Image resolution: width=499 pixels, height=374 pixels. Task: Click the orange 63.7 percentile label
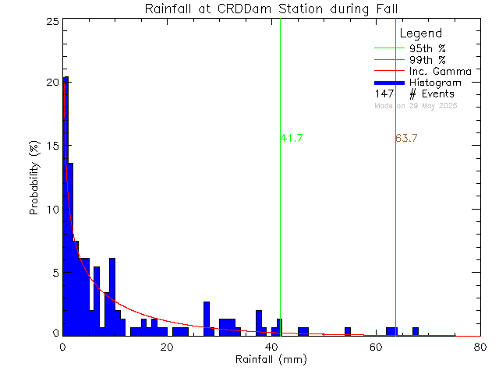tap(407, 139)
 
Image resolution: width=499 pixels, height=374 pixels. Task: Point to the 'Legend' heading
tap(420, 34)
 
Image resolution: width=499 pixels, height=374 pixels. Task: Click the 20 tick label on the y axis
tap(51, 83)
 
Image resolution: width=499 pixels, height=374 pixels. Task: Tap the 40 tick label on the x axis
tap(271, 347)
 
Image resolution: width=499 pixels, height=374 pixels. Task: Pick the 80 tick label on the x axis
tap(480, 347)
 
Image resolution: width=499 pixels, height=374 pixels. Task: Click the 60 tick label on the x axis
tap(376, 347)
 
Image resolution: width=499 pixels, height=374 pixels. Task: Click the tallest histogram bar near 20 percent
tap(66, 203)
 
